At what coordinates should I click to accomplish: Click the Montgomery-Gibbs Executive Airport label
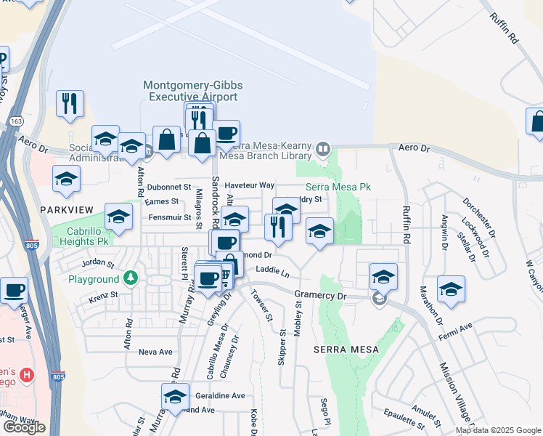[192, 91]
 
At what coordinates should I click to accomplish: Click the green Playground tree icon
[131, 278]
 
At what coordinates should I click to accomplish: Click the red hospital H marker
[27, 375]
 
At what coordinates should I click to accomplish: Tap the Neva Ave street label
[155, 352]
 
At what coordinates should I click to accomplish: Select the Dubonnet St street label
[168, 187]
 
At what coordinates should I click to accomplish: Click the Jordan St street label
[99, 262]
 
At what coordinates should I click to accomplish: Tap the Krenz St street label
[103, 296]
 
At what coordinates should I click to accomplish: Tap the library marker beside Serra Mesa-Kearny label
[324, 150]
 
